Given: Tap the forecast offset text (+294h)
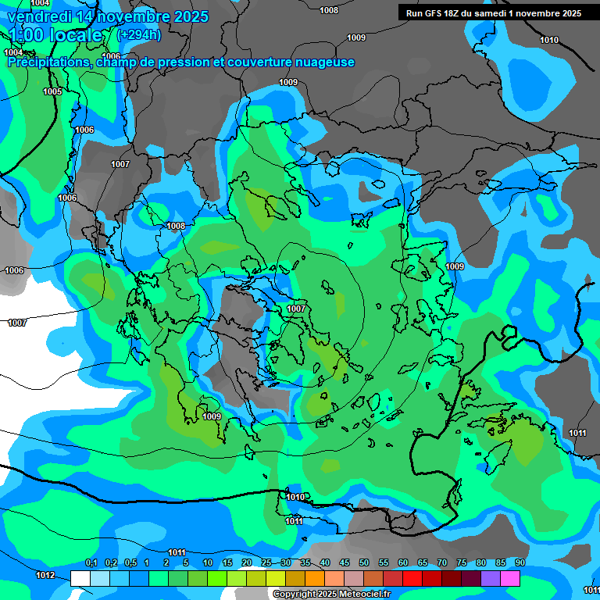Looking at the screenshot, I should pyautogui.click(x=138, y=34).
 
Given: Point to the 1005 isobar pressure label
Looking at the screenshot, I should pyautogui.click(x=52, y=91).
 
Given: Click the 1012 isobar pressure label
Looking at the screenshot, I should pyautogui.click(x=45, y=576).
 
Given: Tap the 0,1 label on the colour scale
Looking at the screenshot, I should pyautogui.click(x=91, y=563).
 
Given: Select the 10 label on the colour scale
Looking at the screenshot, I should pyautogui.click(x=207, y=563).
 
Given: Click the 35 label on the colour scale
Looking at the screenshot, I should pyautogui.click(x=305, y=563).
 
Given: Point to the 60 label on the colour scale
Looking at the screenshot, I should pyautogui.click(x=403, y=563).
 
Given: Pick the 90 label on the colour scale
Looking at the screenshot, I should pyautogui.click(x=520, y=563).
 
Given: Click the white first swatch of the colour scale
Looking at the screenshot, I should pyautogui.click(x=80, y=578).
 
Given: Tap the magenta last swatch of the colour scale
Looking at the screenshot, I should pyautogui.click(x=509, y=578).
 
